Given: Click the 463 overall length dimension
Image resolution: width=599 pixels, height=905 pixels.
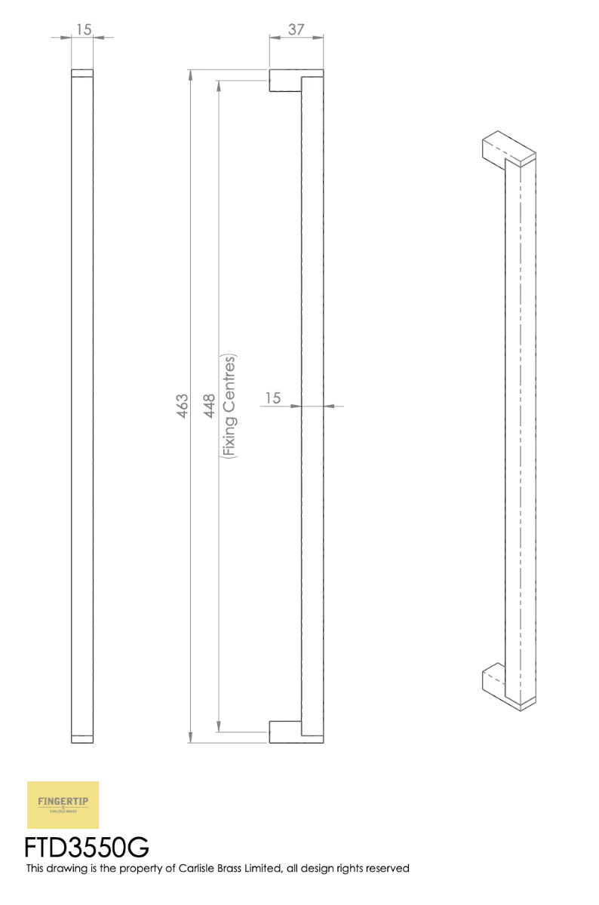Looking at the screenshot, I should (183, 407).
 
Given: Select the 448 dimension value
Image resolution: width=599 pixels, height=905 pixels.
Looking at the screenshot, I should (211, 407).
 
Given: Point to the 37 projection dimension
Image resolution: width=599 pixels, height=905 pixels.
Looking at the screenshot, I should (296, 30).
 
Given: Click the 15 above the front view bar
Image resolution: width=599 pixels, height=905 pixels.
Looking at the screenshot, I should (84, 30).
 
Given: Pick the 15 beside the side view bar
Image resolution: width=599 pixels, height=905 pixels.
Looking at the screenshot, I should (273, 397).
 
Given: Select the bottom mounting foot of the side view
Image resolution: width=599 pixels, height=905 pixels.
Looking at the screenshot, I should (285, 731).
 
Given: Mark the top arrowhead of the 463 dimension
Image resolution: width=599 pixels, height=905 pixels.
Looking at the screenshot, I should (189, 74).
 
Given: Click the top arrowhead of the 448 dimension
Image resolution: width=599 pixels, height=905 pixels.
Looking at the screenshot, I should (219, 86).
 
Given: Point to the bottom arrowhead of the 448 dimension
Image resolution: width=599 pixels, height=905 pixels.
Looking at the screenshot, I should (219, 726).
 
